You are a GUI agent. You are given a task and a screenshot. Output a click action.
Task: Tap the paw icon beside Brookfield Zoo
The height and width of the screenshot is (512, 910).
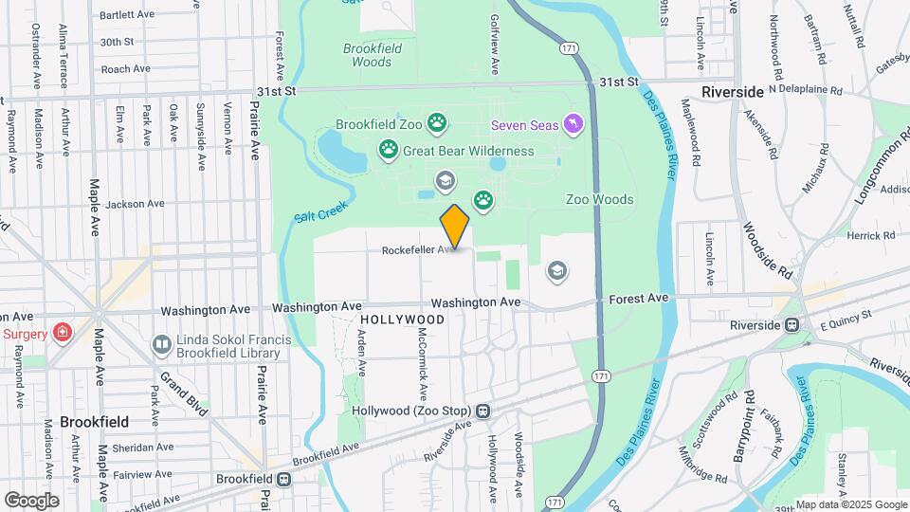[x=436, y=122]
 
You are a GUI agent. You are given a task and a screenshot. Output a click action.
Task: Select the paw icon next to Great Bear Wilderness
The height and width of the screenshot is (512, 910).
[x=388, y=149]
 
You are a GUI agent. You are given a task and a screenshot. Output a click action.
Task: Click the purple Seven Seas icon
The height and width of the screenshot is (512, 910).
[x=573, y=124]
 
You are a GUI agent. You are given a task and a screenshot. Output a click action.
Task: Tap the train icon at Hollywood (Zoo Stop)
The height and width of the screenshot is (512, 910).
[x=483, y=411]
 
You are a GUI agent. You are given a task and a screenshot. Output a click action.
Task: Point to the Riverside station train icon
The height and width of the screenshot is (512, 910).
[x=791, y=325]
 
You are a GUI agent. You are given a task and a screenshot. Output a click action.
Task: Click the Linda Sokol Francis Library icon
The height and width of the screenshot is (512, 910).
[x=162, y=345]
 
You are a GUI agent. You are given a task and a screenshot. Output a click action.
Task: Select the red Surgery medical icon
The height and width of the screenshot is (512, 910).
[x=62, y=333]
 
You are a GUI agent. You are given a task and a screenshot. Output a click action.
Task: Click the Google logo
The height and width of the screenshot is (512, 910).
[x=30, y=500]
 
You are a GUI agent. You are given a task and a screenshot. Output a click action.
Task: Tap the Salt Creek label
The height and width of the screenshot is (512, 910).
[x=320, y=211]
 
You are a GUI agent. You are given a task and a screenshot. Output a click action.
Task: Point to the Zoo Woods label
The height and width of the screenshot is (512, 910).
[x=599, y=199]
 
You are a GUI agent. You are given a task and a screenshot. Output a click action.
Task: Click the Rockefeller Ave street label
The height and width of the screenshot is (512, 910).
[x=419, y=250]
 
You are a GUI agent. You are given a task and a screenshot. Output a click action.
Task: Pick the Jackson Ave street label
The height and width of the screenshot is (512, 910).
[x=136, y=204]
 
